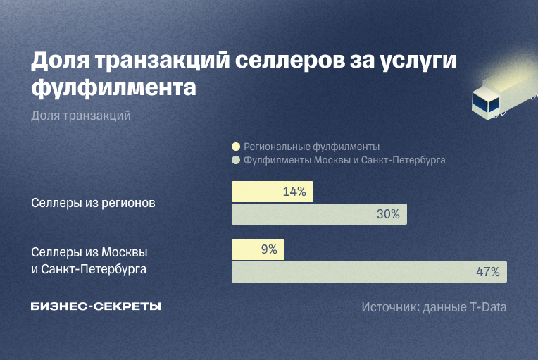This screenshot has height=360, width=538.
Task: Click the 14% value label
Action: pyautogui.click(x=294, y=192)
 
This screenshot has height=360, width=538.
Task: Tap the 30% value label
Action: pyautogui.click(x=388, y=214)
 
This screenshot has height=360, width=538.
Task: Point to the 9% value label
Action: pyautogui.click(x=268, y=249)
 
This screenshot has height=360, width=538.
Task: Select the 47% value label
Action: pyautogui.click(x=487, y=271)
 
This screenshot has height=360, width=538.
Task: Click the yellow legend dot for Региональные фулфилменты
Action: pyautogui.click(x=236, y=147)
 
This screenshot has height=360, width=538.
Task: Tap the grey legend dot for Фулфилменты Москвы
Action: pyautogui.click(x=236, y=161)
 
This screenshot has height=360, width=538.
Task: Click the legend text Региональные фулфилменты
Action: pyautogui.click(x=311, y=147)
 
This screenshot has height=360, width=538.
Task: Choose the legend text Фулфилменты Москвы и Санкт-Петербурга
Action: pyautogui.click(x=344, y=161)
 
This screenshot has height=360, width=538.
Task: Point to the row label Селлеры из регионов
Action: pyautogui.click(x=93, y=203)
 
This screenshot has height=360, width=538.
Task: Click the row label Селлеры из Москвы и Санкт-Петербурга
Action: pyautogui.click(x=89, y=260)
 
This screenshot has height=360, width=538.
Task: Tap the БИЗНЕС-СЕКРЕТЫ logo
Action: pyautogui.click(x=96, y=306)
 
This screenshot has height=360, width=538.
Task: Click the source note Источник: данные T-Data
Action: pyautogui.click(x=434, y=307)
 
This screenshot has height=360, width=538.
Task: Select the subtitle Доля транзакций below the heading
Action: pyautogui.click(x=81, y=116)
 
